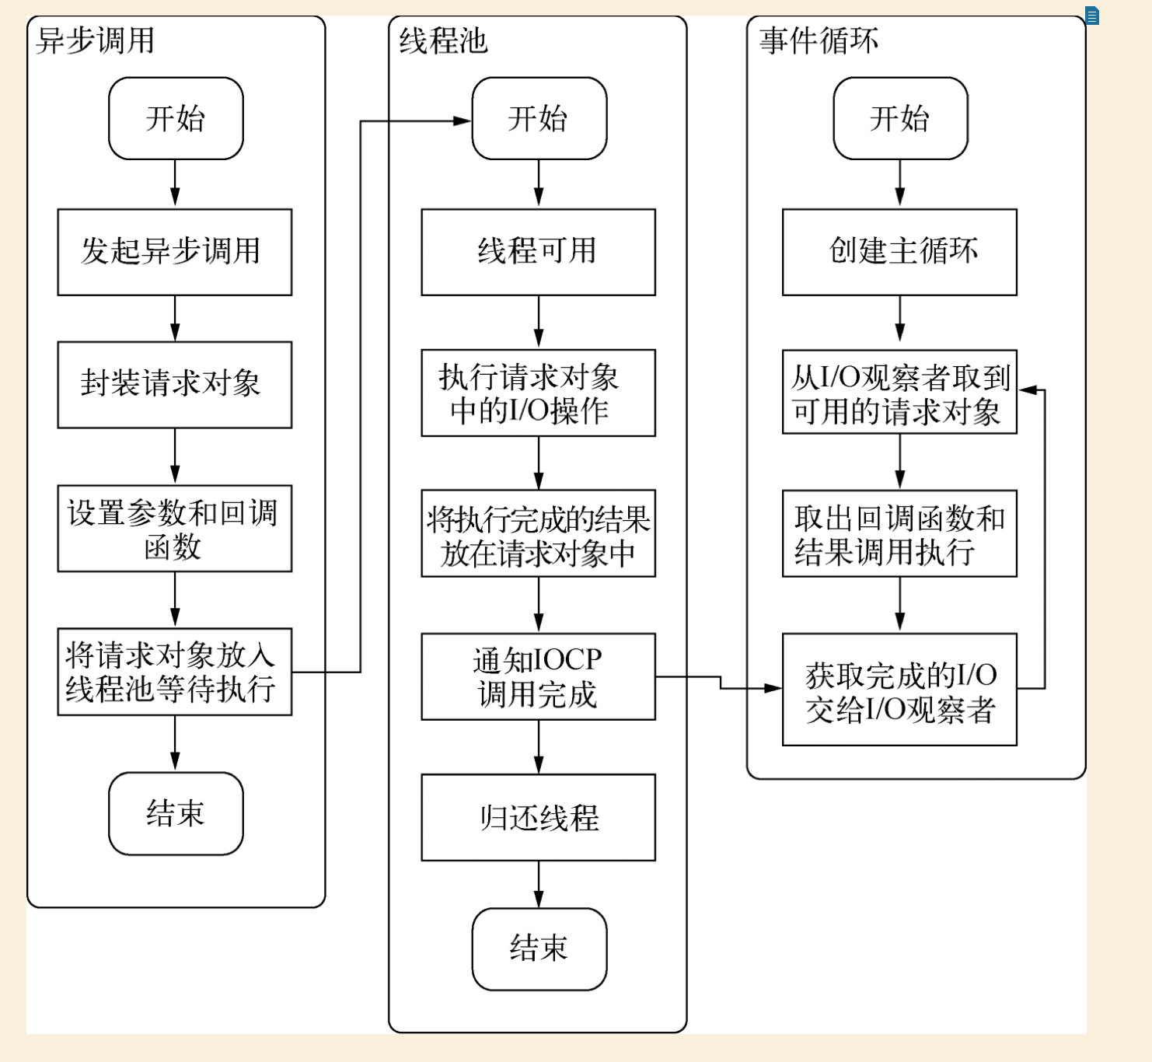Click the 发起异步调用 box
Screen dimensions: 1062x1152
pos(174,252)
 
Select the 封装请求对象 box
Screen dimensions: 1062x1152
pos(174,384)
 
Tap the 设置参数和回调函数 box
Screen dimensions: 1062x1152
pos(174,529)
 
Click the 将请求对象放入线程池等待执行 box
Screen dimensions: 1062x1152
pos(174,672)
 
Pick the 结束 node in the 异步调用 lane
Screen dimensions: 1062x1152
pos(176,813)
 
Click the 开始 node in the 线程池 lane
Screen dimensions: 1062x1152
pos(539,119)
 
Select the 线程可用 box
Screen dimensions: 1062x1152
pos(538,252)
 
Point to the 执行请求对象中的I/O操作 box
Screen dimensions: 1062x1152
pos(538,393)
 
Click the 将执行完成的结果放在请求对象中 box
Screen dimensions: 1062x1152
pos(538,533)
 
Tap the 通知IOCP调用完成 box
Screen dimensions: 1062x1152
pos(538,676)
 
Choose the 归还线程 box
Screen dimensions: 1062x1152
pos(538,817)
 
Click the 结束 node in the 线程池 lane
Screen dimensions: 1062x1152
pos(539,948)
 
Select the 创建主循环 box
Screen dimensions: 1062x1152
pos(899,252)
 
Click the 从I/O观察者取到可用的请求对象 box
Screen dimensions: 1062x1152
pos(899,392)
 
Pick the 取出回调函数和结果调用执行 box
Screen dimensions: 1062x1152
pos(899,533)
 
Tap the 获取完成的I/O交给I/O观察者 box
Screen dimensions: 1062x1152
pos(899,690)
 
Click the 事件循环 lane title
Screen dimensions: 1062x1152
pos(819,40)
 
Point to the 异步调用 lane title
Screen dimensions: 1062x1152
pos(95,40)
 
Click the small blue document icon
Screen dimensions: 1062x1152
pos(1092,16)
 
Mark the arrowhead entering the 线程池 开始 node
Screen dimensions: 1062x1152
pos(463,121)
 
